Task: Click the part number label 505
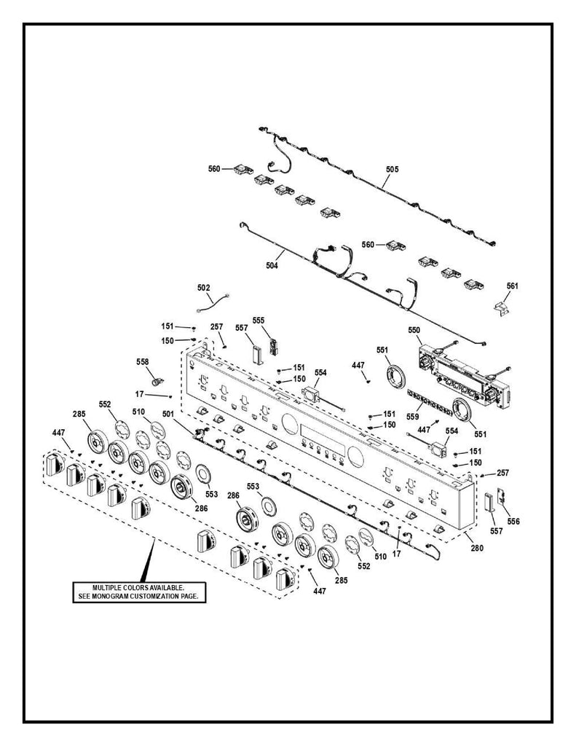click(392, 169)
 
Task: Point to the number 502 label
click(204, 288)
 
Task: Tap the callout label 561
click(513, 286)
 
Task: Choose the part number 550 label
click(414, 331)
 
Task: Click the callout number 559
click(413, 417)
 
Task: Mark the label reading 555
click(259, 321)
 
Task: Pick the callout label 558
click(143, 361)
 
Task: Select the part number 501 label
click(168, 415)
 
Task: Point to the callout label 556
click(514, 522)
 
